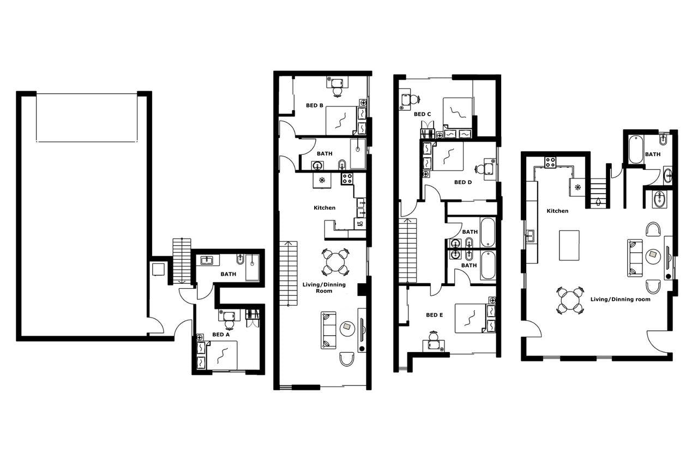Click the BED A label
pyautogui.click(x=221, y=334)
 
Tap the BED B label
pyautogui.click(x=315, y=105)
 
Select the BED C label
pyautogui.click(x=422, y=114)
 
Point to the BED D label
pyautogui.click(x=462, y=182)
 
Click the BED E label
pyautogui.click(x=435, y=315)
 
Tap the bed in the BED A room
pyautogui.click(x=221, y=355)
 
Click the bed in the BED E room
pyautogui.click(x=470, y=317)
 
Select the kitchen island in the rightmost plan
pyautogui.click(x=569, y=245)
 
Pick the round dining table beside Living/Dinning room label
pyautogui.click(x=571, y=300)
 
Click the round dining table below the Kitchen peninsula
pyautogui.click(x=335, y=262)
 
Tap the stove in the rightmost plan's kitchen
pyautogui.click(x=550, y=162)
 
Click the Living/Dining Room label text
pyautogui.click(x=324, y=287)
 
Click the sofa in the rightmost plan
pyautogui.click(x=635, y=258)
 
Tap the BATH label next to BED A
pyautogui.click(x=228, y=274)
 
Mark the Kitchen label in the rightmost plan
pyautogui.click(x=557, y=211)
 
